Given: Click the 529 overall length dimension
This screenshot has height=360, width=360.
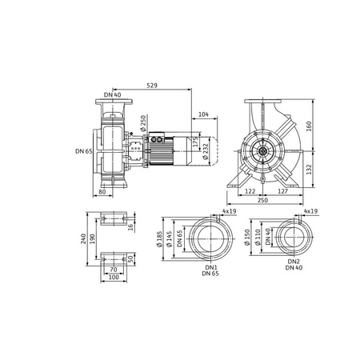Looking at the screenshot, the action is (152, 86).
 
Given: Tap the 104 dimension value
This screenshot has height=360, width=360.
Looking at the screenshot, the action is (203, 114).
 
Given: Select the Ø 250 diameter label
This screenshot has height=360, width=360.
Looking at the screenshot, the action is (143, 123).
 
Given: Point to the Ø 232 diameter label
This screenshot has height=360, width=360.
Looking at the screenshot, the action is (206, 152).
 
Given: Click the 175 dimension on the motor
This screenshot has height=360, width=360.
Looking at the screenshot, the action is (196, 142).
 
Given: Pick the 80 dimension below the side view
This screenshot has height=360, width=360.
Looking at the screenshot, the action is (102, 191).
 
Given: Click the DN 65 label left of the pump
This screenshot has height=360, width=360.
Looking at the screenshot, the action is (84, 151).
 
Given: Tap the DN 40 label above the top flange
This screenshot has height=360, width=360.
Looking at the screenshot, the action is (112, 95).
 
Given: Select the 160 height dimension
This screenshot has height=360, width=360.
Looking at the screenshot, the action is (309, 126).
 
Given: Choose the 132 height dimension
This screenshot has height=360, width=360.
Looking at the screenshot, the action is (309, 170).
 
